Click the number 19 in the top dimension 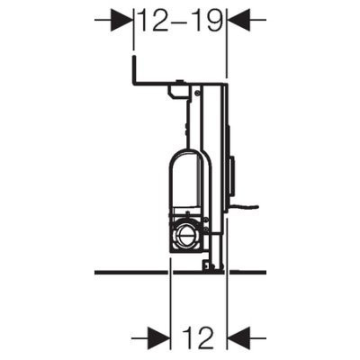(208, 21)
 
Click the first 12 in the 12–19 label (154, 21)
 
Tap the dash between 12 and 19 (181, 22)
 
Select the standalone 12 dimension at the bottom (198, 338)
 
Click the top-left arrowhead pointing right (121, 20)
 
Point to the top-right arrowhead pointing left (239, 20)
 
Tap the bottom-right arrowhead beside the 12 (239, 338)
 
